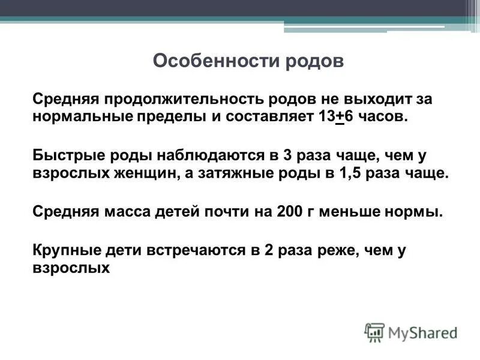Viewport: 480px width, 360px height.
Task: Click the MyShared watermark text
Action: (422, 332)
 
